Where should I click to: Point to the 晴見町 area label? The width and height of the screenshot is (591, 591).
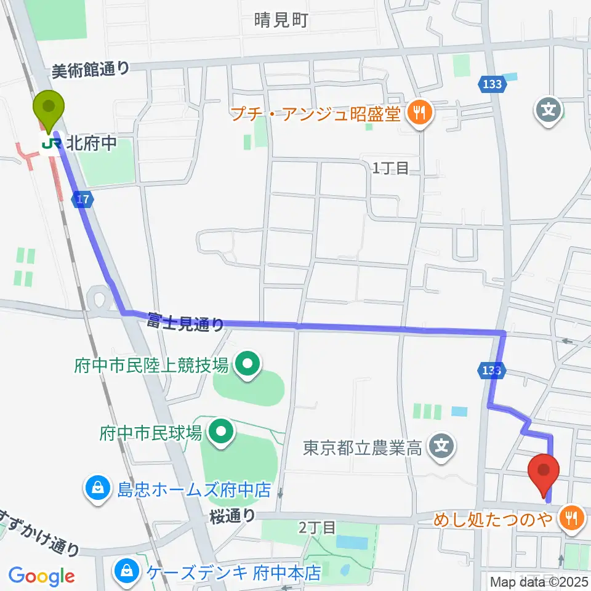[281, 21]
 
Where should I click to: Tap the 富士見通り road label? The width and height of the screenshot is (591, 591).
[185, 322]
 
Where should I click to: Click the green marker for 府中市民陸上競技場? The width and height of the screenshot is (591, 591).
[247, 366]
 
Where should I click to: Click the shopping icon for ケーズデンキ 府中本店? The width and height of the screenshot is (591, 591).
[126, 572]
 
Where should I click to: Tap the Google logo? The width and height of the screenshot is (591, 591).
[41, 576]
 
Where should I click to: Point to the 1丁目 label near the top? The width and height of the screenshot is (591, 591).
[391, 167]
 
